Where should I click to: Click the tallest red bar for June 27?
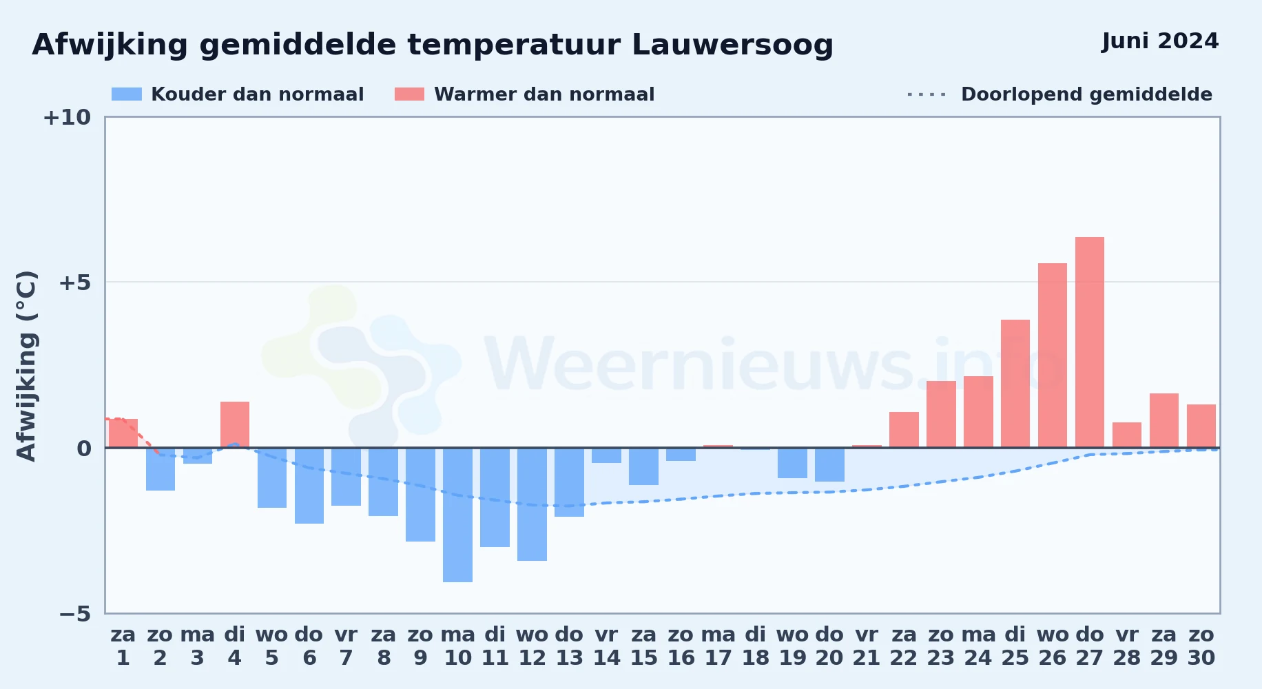click(1089, 342)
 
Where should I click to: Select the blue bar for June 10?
click(457, 515)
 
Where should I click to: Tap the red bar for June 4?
click(235, 424)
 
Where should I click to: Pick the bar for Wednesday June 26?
click(1052, 356)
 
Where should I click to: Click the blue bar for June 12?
click(532, 504)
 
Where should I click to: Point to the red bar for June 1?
click(123, 433)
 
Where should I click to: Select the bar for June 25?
click(1015, 384)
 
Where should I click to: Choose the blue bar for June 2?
click(161, 469)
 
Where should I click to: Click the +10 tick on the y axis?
click(67, 118)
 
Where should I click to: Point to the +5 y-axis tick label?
click(74, 282)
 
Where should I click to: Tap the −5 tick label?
click(74, 614)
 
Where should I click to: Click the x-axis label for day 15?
click(644, 646)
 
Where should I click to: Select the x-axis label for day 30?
click(1201, 646)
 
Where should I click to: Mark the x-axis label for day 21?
click(867, 646)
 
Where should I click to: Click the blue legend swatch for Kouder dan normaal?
click(127, 94)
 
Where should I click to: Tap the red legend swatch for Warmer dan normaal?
click(409, 94)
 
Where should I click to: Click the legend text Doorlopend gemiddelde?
click(1086, 94)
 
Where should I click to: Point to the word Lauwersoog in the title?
click(732, 45)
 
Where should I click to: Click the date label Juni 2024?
click(1160, 41)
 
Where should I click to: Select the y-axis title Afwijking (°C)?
click(26, 366)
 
